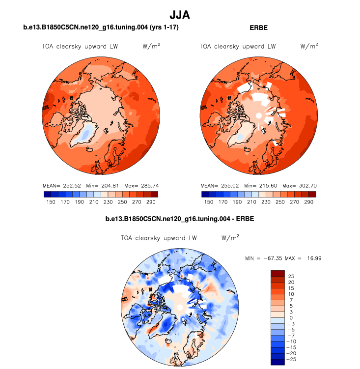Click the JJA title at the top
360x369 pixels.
click(x=180, y=15)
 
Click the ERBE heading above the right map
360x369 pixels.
click(x=259, y=28)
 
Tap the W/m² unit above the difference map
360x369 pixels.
click(x=230, y=238)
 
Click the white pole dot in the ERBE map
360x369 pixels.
click(x=258, y=115)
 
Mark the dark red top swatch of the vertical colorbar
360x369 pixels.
click(x=277, y=273)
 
